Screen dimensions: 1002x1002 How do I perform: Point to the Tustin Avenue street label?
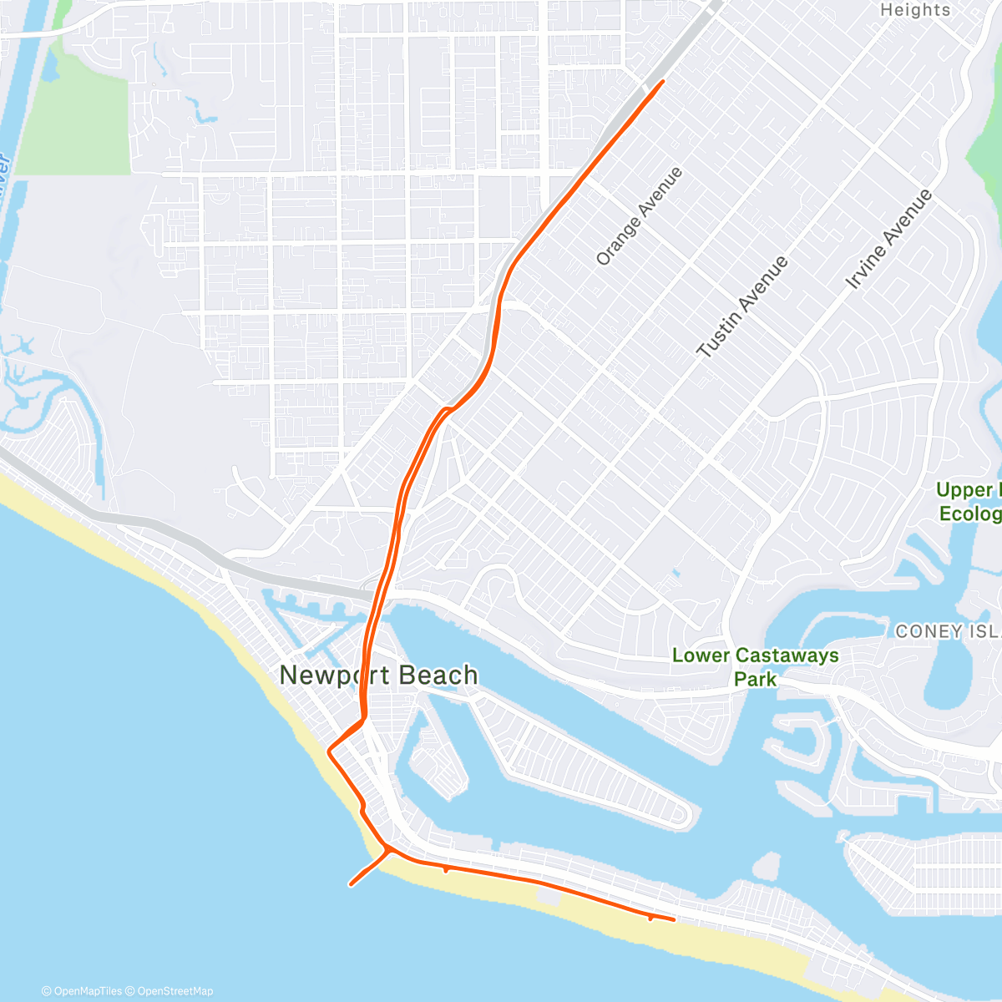pos(742,307)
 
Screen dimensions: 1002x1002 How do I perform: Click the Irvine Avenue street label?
pos(888,240)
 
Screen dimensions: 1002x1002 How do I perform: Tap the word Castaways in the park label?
pos(787,655)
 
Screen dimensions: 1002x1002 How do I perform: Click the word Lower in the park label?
pos(701,655)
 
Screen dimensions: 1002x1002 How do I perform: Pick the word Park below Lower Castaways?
pos(755,680)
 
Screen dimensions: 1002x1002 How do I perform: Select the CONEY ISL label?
pos(948,632)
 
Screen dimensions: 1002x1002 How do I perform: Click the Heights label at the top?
pos(915,10)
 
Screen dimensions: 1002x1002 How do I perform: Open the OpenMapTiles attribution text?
pos(82,991)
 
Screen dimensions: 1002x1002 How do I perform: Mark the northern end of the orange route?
pos(663,81)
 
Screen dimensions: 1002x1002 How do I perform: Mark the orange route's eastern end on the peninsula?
pos(674,919)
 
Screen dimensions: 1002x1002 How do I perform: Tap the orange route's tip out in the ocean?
pos(351,884)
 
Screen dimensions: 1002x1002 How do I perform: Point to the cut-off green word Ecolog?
pos(969,514)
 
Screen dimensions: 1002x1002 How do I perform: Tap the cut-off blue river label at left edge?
pos(4,167)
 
